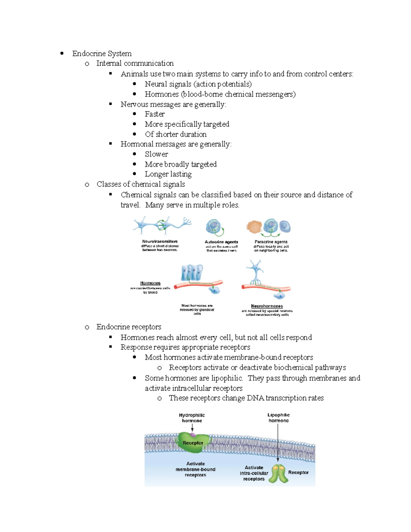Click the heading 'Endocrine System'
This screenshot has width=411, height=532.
coord(102,53)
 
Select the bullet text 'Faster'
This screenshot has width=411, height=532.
coord(154,114)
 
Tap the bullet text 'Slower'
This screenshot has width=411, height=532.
coord(156,154)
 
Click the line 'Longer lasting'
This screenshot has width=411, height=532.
coord(168,174)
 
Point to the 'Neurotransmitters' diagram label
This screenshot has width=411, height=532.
coord(160,242)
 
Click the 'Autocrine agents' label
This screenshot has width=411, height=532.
coord(221,242)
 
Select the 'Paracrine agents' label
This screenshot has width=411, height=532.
coord(271,242)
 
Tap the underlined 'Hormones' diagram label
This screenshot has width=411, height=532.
coord(150,283)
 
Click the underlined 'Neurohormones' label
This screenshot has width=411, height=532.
coord(267,306)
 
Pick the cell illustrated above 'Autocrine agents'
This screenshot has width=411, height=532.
coord(214,226)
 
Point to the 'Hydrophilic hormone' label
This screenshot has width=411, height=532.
coord(192,418)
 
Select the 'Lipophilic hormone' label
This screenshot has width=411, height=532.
coord(278,418)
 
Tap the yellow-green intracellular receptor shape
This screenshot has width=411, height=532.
coord(278,473)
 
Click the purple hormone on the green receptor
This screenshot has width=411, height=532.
coord(193,435)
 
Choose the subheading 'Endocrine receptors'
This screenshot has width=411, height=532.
coord(129,327)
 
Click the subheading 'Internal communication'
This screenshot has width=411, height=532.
coord(135,63)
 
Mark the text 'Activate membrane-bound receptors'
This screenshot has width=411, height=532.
coord(195,469)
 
